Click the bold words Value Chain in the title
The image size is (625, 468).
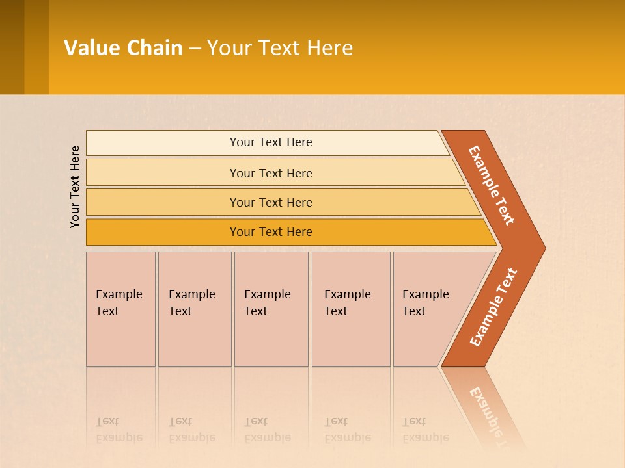pyautogui.click(x=123, y=47)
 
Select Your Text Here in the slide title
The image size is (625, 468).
pyautogui.click(x=280, y=47)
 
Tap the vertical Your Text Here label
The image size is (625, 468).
pyautogui.click(x=75, y=187)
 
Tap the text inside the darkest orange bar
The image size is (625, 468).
pyautogui.click(x=271, y=232)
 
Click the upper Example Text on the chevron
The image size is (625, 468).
pyautogui.click(x=492, y=185)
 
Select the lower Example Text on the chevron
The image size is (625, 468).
pyautogui.click(x=493, y=307)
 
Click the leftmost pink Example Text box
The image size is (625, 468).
pyautogui.click(x=120, y=309)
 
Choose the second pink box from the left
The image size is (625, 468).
pyautogui.click(x=194, y=309)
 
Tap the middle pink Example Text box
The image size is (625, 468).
pyautogui.click(x=271, y=309)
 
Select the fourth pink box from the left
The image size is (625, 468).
pyautogui.click(x=350, y=309)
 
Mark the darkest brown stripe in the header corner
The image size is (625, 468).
pyautogui.click(x=12, y=47)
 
